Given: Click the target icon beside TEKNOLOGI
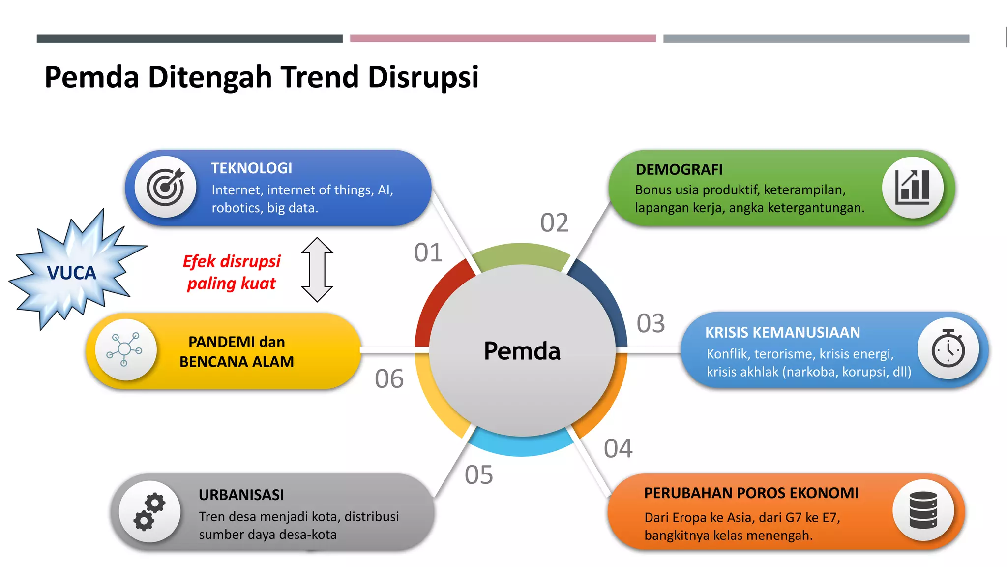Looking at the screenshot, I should click(x=165, y=188).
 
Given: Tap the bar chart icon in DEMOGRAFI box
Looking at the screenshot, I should click(x=913, y=188).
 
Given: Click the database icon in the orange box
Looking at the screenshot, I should click(x=923, y=510).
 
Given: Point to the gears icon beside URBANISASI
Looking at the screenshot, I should click(x=149, y=511).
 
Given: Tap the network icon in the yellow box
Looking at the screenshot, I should click(x=125, y=349).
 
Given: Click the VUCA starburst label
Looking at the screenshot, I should click(x=72, y=273).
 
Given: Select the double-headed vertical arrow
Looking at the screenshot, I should click(x=317, y=269).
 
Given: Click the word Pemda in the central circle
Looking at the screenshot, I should click(x=522, y=351).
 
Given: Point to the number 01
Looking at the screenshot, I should click(x=428, y=252).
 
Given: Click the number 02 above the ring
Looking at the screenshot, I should click(x=554, y=222).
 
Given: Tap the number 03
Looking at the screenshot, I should click(x=651, y=323).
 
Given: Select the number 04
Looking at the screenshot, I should click(x=618, y=448).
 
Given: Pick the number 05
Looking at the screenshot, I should click(x=478, y=475).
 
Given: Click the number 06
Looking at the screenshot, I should click(x=389, y=379).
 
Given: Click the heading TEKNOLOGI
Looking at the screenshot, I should click(x=251, y=168).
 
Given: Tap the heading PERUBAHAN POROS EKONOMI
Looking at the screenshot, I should click(x=751, y=493).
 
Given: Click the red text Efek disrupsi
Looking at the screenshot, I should click(x=231, y=261).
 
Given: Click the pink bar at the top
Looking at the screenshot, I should click(x=503, y=38).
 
